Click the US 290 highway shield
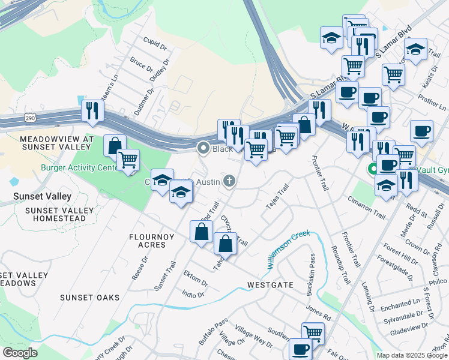coord(29,119)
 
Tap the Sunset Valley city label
coord(42,196)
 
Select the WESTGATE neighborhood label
coord(270,285)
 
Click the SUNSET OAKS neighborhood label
coord(89,298)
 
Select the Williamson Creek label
coord(289,245)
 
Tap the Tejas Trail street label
coord(278,197)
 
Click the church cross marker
coord(229,181)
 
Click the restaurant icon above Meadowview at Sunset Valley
coord(92,110)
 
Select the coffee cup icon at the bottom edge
coord(300,349)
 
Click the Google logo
coord(20,353)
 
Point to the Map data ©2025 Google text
coord(411,355)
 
